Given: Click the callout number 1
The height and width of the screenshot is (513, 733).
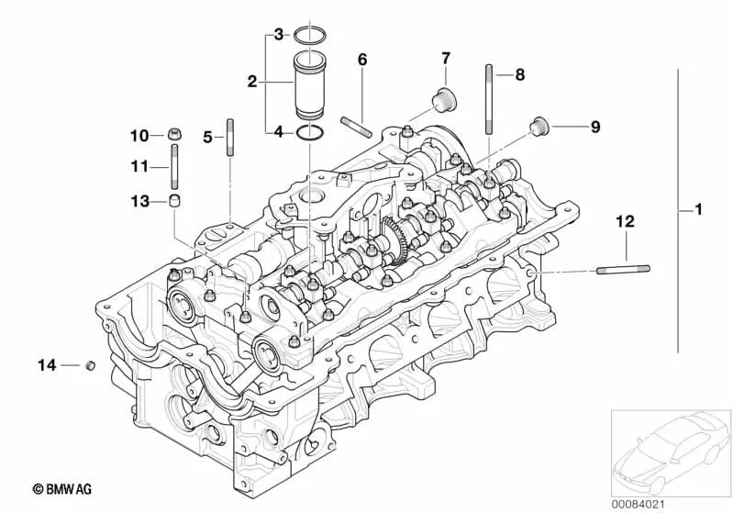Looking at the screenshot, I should (x=698, y=211).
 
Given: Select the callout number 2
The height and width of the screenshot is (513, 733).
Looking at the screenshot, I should (x=251, y=83).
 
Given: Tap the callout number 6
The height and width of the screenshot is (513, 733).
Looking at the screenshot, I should (x=362, y=60).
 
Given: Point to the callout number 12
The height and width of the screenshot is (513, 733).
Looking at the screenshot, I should (x=625, y=221).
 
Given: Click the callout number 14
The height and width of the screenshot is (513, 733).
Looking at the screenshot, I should (x=46, y=365).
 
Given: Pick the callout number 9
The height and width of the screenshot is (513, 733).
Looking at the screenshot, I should (x=594, y=128).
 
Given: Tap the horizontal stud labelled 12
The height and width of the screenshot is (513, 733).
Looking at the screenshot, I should (x=624, y=269).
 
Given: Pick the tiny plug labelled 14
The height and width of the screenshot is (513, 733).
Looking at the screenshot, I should (x=90, y=366).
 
